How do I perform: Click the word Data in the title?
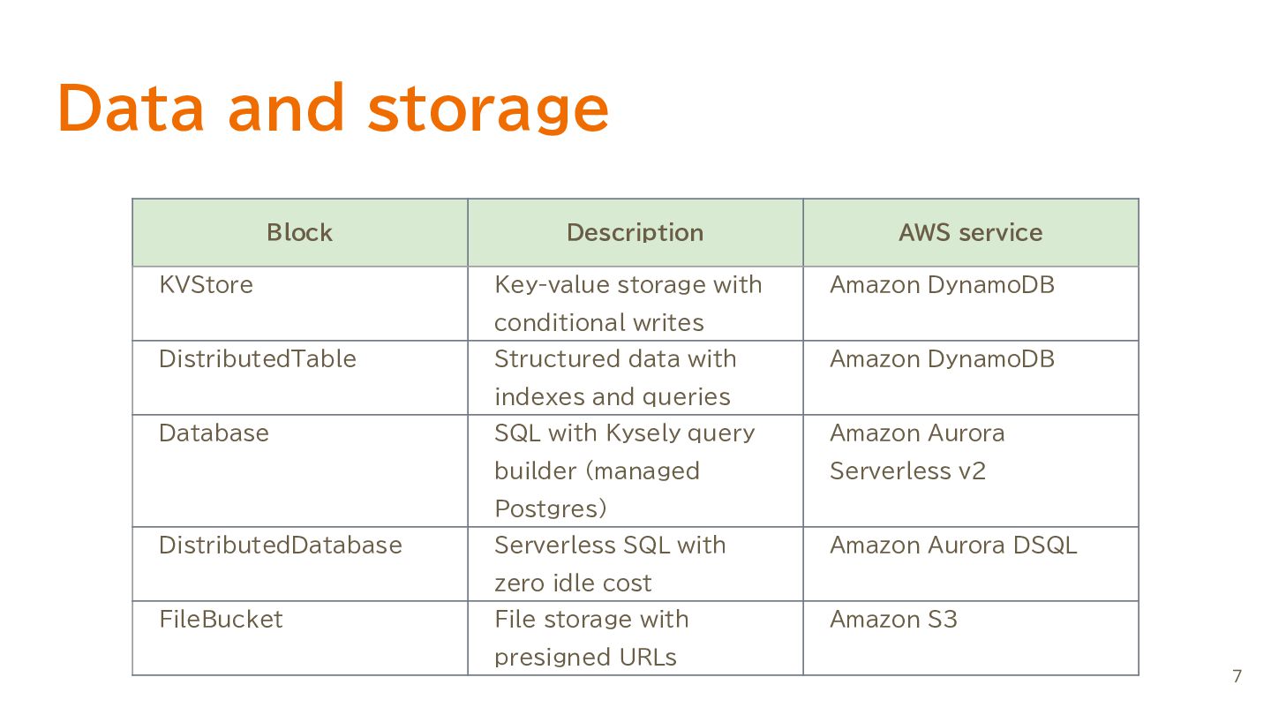pyautogui.click(x=131, y=108)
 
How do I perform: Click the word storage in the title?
pyautogui.click(x=489, y=109)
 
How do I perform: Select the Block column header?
pyautogui.click(x=299, y=232)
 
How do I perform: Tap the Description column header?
pyautogui.click(x=635, y=233)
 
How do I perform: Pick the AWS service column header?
pyautogui.click(x=971, y=232)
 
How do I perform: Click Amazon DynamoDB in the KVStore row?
pyautogui.click(x=942, y=284)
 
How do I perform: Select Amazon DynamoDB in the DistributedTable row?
pyautogui.click(x=942, y=358)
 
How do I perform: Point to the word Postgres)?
pyautogui.click(x=551, y=508)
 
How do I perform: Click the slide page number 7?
pyautogui.click(x=1237, y=676)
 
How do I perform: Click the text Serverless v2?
pyautogui.click(x=908, y=471)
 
